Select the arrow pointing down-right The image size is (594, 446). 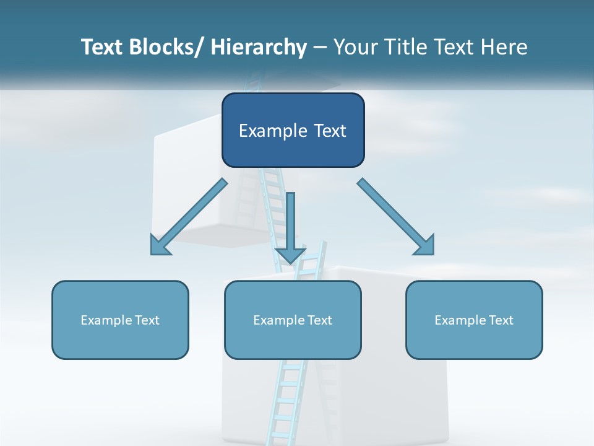click(396, 217)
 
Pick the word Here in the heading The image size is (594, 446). click(504, 47)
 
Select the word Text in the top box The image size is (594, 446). click(329, 131)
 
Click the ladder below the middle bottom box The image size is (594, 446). click(284, 403)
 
